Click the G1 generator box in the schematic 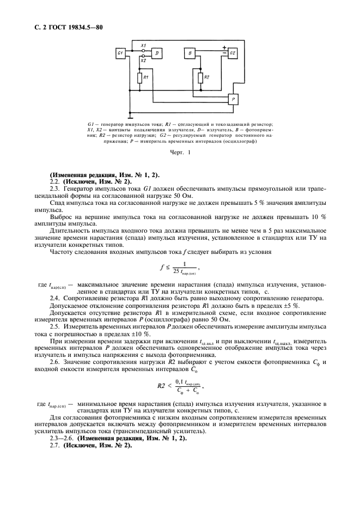coord(121,53)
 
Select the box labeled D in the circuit coord(157,53)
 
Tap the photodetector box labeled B coord(189,53)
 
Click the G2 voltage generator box coord(233,53)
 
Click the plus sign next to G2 coord(223,48)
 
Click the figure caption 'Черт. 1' coord(179,154)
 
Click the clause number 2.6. coord(54,362)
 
